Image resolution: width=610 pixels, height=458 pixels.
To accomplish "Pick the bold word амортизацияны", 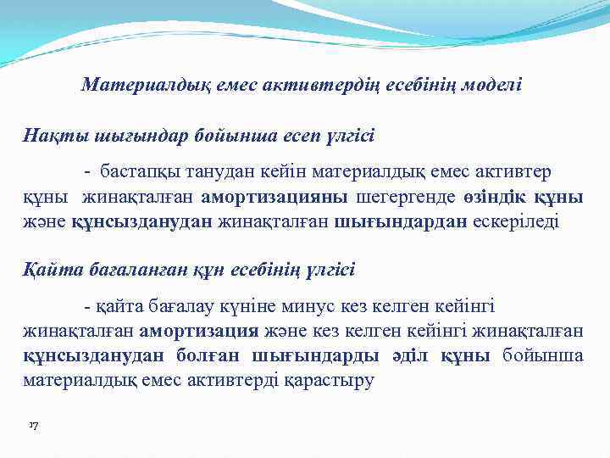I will click(x=274, y=198).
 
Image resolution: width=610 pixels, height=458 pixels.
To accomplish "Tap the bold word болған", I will click(x=208, y=355).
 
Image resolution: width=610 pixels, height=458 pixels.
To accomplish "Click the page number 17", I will click(x=34, y=423).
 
